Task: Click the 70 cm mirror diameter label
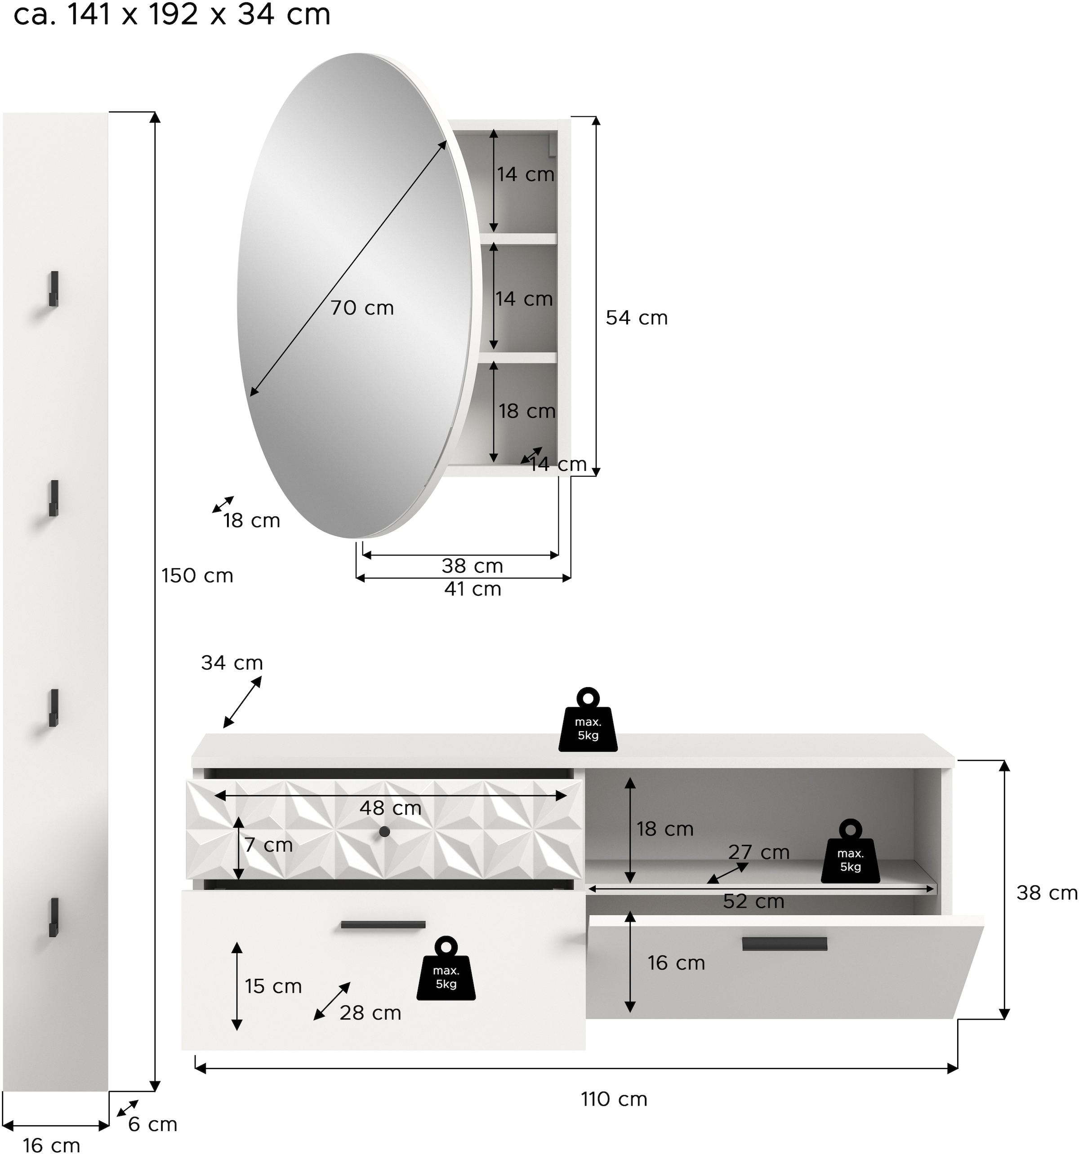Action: click(362, 308)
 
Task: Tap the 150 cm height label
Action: click(197, 575)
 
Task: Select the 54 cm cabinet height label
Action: click(637, 318)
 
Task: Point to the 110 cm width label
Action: click(614, 1098)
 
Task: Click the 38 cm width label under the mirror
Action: click(472, 565)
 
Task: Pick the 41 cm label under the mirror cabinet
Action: click(472, 589)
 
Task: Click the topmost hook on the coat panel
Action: click(54, 288)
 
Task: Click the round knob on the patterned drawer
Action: click(384, 832)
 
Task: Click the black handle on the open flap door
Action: click(784, 944)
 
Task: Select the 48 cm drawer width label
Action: click(390, 808)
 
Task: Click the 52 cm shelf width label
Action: click(753, 901)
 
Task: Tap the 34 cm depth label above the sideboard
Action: click(232, 663)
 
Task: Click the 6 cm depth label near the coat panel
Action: click(152, 1124)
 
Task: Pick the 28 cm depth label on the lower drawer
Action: click(370, 1013)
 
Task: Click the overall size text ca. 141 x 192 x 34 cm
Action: click(172, 14)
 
